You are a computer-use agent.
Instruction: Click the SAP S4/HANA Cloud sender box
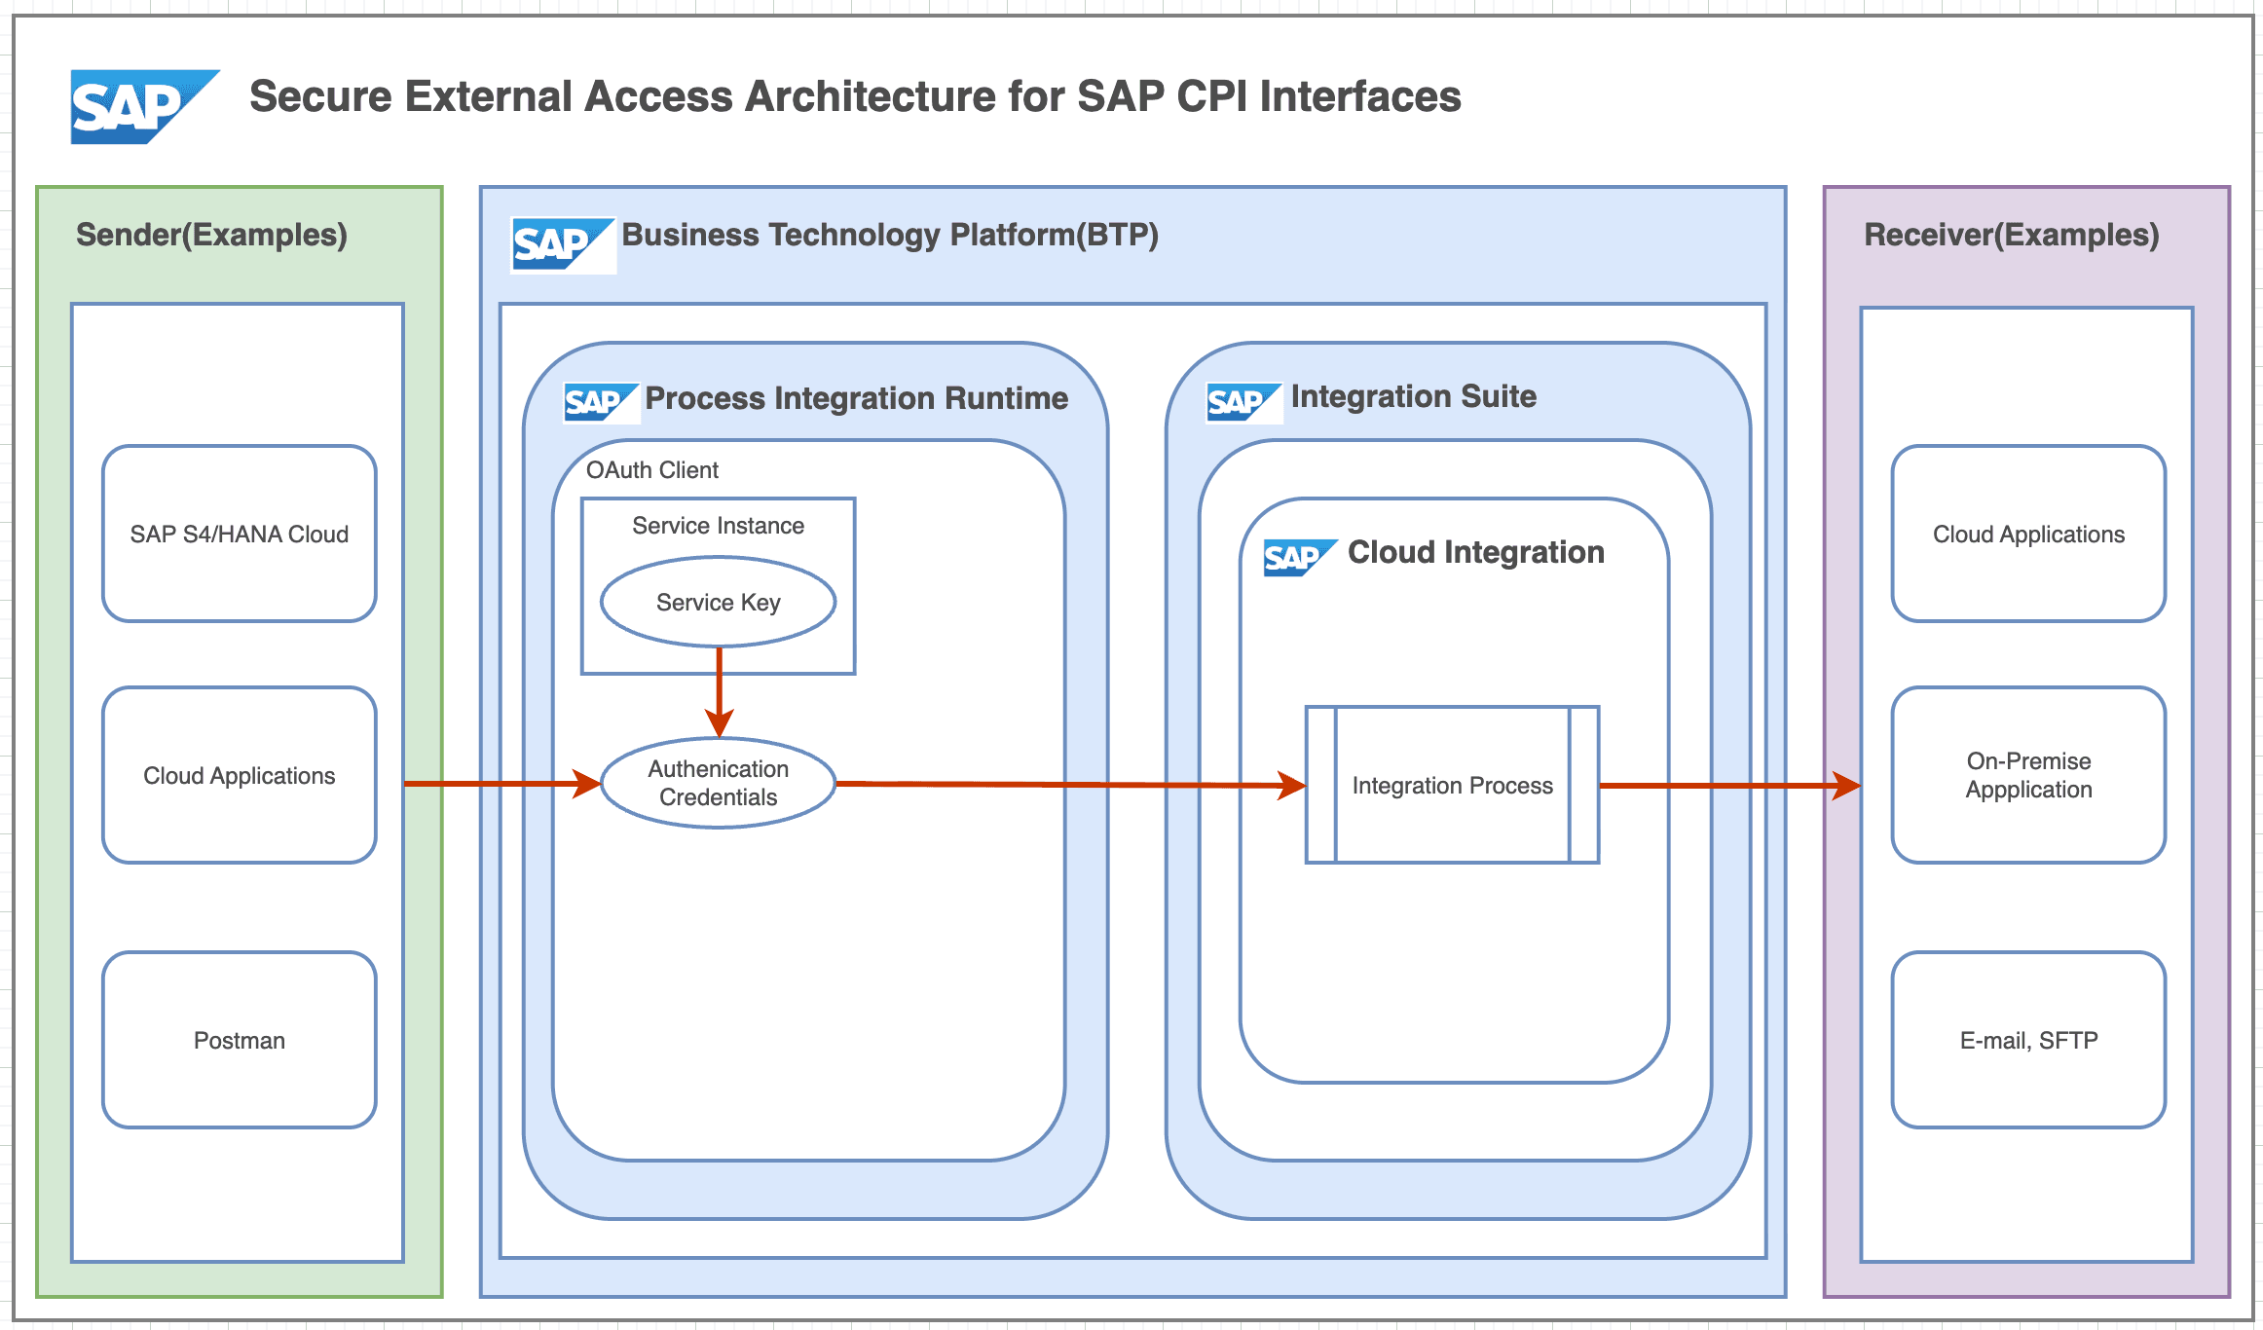(x=239, y=534)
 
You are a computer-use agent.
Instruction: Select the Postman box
(x=239, y=1040)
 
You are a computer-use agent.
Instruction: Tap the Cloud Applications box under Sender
(x=239, y=775)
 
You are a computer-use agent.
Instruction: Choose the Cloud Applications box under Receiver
(x=2027, y=534)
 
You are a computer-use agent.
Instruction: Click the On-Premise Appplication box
(x=2027, y=775)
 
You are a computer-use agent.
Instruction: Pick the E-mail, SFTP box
(x=2027, y=1040)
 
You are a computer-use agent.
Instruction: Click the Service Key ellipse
(x=718, y=602)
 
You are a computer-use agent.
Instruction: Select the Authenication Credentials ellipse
(x=718, y=783)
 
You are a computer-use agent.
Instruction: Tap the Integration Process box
(x=1451, y=785)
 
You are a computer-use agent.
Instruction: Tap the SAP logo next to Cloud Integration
(x=1298, y=557)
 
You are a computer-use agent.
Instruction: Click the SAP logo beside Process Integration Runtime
(x=600, y=402)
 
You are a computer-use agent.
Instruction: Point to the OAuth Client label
(x=651, y=470)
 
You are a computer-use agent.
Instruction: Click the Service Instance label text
(x=718, y=526)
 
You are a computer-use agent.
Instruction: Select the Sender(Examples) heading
(x=211, y=235)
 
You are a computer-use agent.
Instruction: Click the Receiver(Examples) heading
(x=2011, y=235)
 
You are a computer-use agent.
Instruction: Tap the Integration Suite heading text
(x=1413, y=396)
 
